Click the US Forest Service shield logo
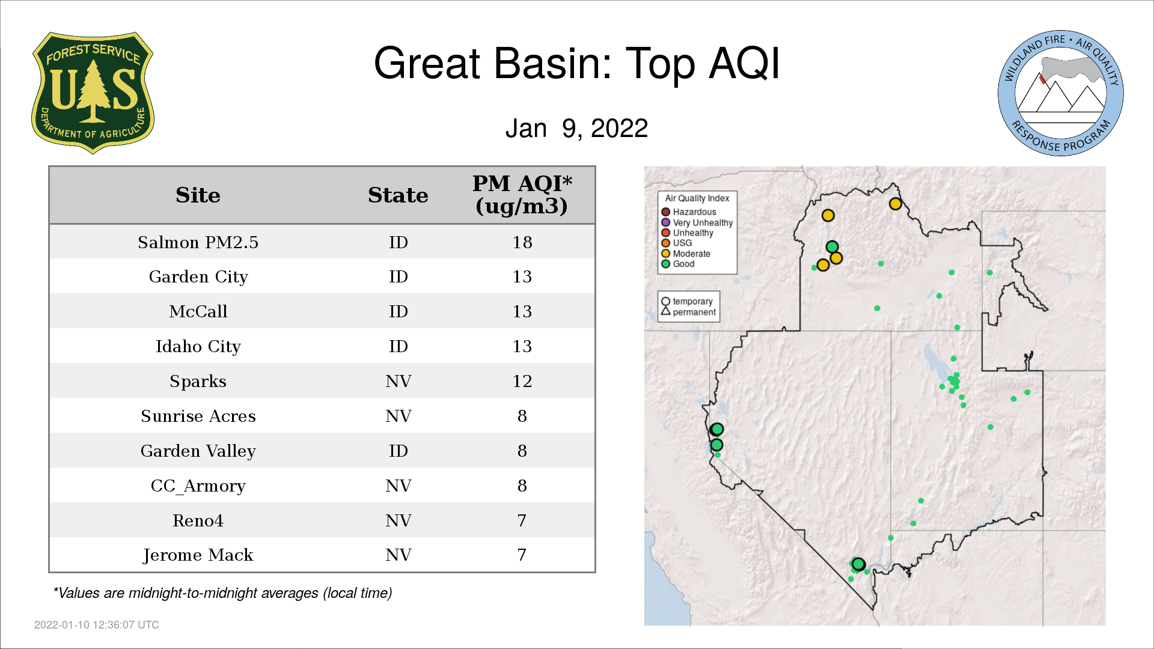93,93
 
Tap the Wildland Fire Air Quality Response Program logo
1061,93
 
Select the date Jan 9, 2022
576,129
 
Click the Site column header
198,195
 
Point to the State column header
398,195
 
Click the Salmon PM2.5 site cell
198,242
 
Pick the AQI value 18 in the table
522,242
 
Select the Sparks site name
198,382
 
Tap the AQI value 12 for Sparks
522,381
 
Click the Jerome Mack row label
198,555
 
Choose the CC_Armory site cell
198,486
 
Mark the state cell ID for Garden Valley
398,451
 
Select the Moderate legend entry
686,254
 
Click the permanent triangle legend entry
688,312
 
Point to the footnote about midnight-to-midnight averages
222,593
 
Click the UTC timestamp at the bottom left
97,625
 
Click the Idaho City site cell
198,347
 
